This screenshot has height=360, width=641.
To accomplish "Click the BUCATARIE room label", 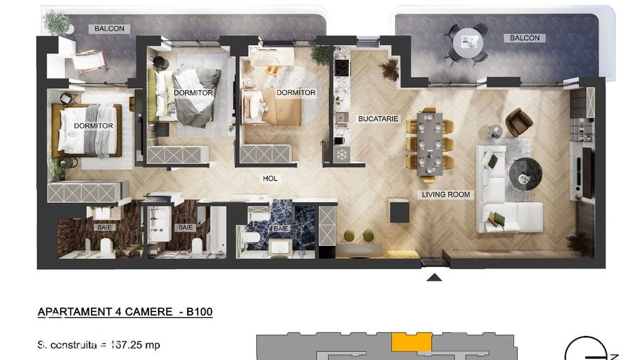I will (378, 119).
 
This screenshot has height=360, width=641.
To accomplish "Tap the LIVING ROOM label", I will (446, 195).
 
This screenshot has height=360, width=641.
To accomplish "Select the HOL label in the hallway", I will (271, 179).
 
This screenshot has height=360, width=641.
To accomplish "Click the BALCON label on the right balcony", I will (525, 38).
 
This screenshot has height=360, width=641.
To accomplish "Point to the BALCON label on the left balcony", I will (109, 29).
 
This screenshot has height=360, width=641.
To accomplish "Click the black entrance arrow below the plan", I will (434, 277).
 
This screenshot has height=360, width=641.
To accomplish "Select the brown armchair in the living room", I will (519, 123).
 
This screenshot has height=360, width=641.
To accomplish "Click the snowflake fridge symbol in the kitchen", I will (340, 154).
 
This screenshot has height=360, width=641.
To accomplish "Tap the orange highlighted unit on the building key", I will (411, 342).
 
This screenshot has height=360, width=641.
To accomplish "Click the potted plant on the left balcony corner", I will (57, 23).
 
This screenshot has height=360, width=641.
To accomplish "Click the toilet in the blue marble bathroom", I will (251, 237).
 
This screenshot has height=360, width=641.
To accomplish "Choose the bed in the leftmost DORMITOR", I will (87, 130).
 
